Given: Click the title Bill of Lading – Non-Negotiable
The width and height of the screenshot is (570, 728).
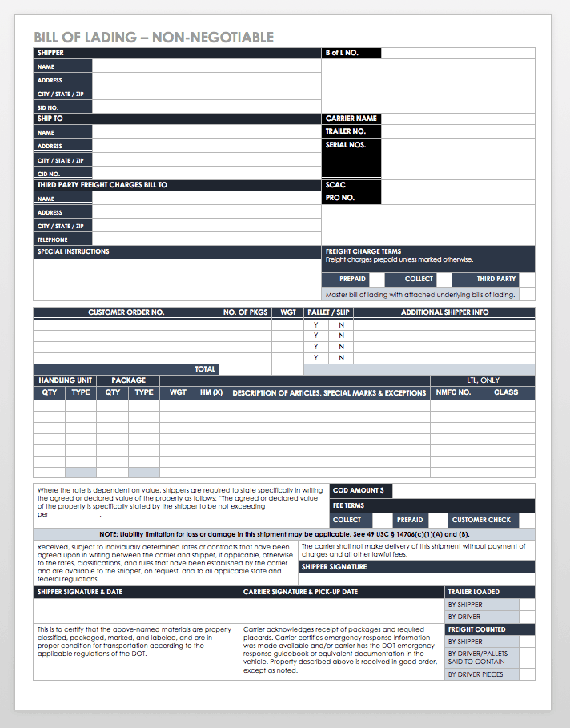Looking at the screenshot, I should (154, 38).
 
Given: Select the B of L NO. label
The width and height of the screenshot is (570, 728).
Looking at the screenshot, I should (342, 53).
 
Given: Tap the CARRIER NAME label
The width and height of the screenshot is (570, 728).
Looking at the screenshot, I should (351, 119).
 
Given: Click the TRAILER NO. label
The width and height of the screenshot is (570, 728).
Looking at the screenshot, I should (345, 131).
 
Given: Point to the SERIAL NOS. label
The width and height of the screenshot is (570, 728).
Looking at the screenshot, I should (345, 145).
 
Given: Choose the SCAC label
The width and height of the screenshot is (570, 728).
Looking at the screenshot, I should (335, 185).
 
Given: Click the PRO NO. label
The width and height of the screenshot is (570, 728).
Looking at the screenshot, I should (339, 198).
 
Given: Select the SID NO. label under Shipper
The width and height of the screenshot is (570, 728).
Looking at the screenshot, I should (48, 107).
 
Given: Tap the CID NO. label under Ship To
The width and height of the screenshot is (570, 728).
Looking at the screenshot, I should (49, 174).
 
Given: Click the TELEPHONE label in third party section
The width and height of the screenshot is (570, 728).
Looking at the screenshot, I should (53, 239).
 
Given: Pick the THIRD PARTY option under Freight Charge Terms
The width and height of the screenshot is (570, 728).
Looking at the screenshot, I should (496, 279).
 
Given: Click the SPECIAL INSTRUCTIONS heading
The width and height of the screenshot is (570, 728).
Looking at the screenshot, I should (73, 251).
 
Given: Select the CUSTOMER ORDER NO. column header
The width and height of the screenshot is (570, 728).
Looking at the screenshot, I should (126, 312).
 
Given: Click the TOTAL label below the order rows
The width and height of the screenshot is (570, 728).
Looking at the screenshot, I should (205, 369).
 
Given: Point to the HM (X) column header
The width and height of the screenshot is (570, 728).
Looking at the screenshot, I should (211, 393).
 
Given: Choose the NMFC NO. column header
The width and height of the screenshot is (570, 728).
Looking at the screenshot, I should (453, 393).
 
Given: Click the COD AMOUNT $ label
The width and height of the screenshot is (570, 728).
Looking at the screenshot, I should (358, 490).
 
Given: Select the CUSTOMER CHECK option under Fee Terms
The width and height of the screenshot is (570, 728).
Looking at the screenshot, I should (481, 520).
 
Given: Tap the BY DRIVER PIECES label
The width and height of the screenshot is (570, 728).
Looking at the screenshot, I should (476, 674).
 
